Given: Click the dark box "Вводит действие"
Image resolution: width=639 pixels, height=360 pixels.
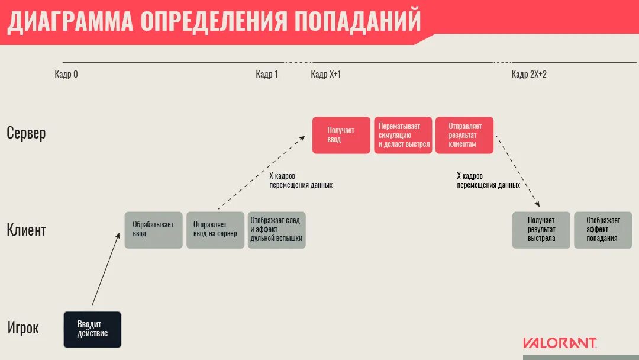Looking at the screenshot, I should (x=92, y=329).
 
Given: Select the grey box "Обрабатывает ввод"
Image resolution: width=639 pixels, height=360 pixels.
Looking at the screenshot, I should (x=153, y=230).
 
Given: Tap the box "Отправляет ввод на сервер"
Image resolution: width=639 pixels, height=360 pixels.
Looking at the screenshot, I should (x=215, y=230).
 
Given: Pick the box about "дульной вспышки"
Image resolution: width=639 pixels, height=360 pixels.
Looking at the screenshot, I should (x=276, y=230).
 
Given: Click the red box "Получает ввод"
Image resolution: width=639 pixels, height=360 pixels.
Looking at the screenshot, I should (x=341, y=135).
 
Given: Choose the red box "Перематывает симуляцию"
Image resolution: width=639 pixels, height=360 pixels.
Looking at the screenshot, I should (x=403, y=135).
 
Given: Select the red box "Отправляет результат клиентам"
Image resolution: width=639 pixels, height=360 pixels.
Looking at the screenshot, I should (x=464, y=135).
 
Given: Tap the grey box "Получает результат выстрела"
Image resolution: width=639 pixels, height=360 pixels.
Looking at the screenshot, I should (x=541, y=230).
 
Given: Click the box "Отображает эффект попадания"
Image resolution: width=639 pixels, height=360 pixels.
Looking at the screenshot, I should (x=603, y=230).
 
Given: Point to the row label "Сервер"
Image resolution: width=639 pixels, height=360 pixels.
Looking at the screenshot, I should (x=26, y=133).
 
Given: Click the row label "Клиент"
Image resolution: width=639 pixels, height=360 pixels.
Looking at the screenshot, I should (x=26, y=230).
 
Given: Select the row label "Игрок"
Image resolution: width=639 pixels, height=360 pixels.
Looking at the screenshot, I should (x=23, y=327).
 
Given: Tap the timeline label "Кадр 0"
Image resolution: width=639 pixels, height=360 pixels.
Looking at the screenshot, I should (x=66, y=75).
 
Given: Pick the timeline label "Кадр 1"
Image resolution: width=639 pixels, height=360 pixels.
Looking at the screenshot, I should (x=267, y=75).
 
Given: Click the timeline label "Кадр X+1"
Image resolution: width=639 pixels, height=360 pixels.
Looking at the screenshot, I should (x=326, y=75).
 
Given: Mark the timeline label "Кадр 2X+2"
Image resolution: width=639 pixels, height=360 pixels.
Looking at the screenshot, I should (x=529, y=75).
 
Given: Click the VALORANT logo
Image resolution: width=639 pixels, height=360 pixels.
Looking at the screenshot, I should (x=560, y=343).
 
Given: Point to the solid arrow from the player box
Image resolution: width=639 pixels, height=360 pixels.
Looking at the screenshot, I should (x=105, y=269).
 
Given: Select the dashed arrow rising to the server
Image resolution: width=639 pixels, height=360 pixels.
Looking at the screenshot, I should (x=260, y=173).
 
